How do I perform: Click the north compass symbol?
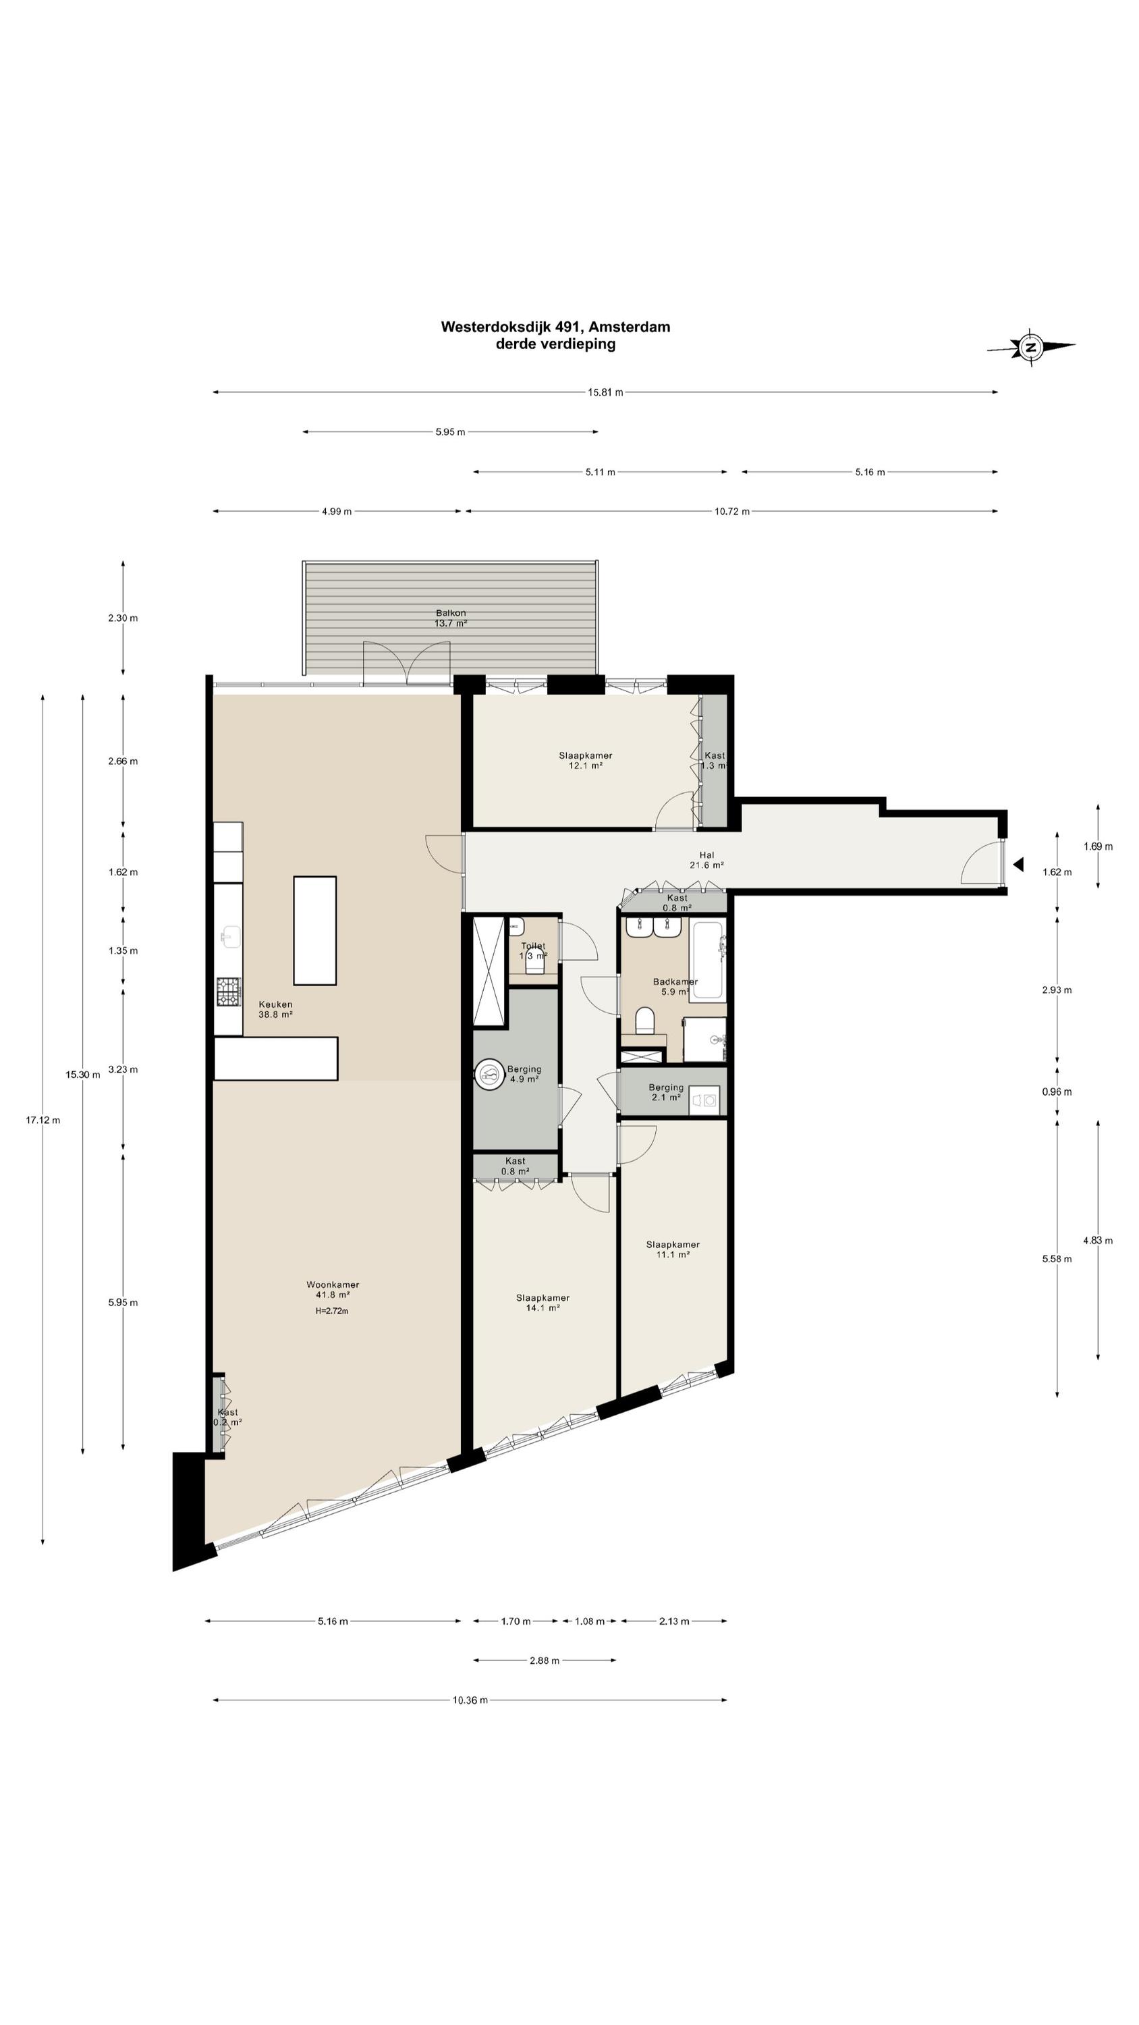pos(1030,347)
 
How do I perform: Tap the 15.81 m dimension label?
pos(605,392)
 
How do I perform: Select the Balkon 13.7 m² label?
pos(451,618)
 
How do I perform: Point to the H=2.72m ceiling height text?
pos(332,1310)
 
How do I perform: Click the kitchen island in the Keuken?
pos(315,931)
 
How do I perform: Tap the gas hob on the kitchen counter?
pos(229,992)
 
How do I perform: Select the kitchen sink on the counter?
pos(229,937)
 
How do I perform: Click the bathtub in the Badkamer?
pos(706,959)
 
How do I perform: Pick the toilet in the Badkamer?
pos(644,1021)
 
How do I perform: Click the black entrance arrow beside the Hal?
pos(1018,865)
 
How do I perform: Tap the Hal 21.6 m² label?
pos(706,860)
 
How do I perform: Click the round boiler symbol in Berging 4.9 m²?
pos(491,1075)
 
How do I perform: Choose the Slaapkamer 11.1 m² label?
pos(673,1249)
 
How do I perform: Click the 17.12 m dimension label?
pos(43,1120)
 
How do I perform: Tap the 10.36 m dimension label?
pos(470,1700)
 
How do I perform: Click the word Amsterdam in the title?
pos(629,327)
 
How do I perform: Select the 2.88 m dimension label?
pos(544,1660)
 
